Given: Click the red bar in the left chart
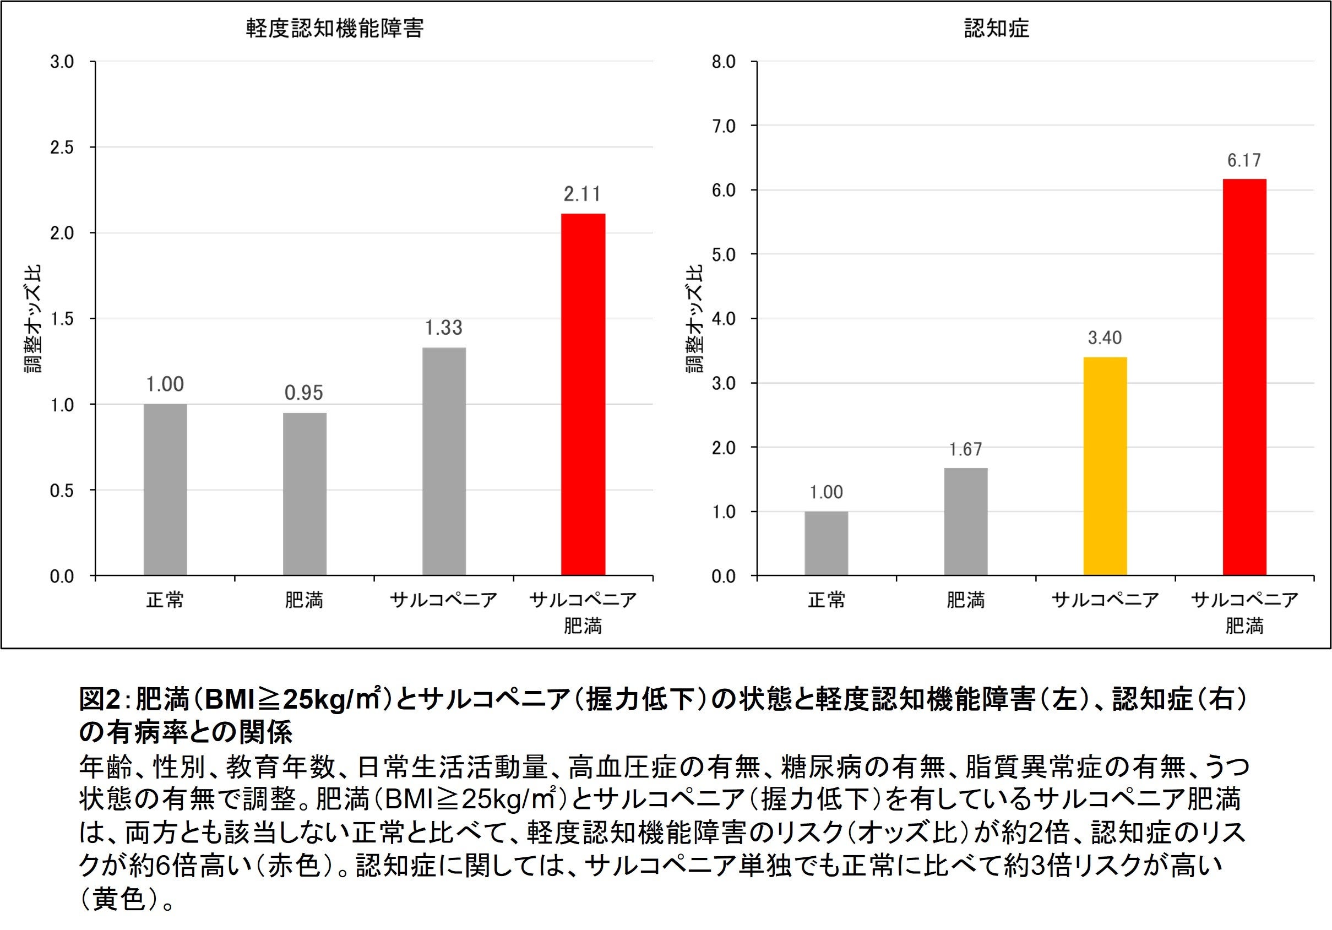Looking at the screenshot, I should pyautogui.click(x=583, y=394).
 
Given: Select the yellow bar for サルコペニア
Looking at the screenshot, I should pyautogui.click(x=1105, y=466).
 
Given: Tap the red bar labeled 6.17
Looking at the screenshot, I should pyautogui.click(x=1244, y=377).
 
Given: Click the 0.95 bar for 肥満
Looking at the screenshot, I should pyautogui.click(x=305, y=494).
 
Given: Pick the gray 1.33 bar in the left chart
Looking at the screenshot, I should pyautogui.click(x=444, y=461).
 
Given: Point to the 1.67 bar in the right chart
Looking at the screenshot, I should pyautogui.click(x=965, y=521).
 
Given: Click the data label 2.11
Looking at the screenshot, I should pyautogui.click(x=583, y=194).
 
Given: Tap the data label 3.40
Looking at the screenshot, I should pyautogui.click(x=1105, y=338).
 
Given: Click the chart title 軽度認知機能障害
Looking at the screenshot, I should pyautogui.click(x=335, y=29).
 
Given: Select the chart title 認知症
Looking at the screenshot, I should pyautogui.click(x=997, y=29).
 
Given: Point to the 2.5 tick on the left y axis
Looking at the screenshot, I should pyautogui.click(x=62, y=148).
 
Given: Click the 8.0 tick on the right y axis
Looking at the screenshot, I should pyautogui.click(x=724, y=62).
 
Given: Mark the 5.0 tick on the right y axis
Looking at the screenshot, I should pyautogui.click(x=724, y=255).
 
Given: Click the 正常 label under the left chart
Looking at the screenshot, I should pyautogui.click(x=165, y=599).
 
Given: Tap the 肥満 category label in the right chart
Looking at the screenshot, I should pyautogui.click(x=965, y=599).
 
